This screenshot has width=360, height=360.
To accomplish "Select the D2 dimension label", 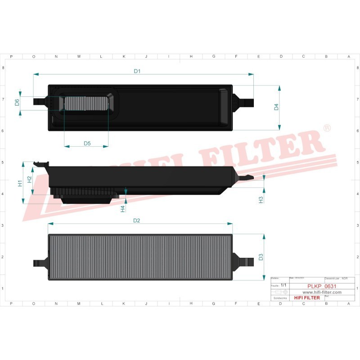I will [137, 220].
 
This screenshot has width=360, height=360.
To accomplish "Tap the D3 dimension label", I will [261, 257].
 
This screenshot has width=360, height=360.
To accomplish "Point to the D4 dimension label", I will [277, 107].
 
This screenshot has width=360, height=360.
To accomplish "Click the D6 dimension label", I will [17, 102].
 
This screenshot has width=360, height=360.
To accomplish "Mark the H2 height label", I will [29, 179].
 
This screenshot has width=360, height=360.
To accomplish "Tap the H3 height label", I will [261, 199].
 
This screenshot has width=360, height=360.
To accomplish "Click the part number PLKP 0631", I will [318, 286].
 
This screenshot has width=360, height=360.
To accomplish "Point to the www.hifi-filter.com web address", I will [318, 292].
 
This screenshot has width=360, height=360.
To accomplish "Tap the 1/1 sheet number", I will [283, 285].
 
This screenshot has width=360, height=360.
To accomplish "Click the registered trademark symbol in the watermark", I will [327, 129].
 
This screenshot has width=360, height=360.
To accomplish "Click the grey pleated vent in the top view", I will [87, 103].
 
